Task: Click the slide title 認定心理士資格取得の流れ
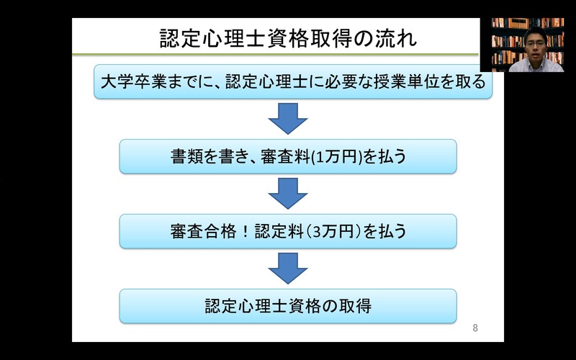289,39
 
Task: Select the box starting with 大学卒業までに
293,81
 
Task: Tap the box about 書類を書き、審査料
288,156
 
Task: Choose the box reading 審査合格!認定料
288,231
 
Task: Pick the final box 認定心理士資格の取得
288,307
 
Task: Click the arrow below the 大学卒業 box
288,119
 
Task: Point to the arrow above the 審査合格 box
288,194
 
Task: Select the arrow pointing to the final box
288,269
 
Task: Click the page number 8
475,328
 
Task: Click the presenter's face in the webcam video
535,45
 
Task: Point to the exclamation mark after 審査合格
246,232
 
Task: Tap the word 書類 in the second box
187,157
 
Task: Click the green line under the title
276,55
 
